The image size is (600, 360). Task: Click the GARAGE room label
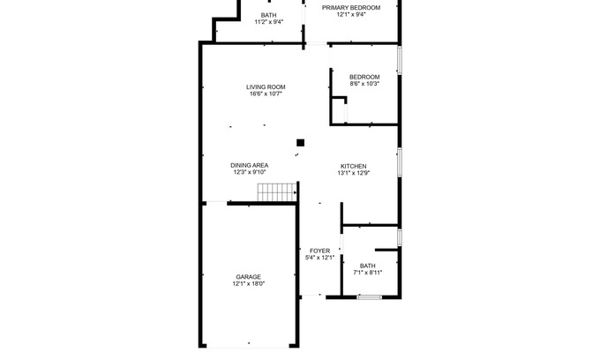click(x=248, y=277)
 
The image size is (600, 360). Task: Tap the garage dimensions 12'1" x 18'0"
click(x=248, y=284)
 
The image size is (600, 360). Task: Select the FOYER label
click(x=319, y=251)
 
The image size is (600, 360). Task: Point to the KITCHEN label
click(x=354, y=167)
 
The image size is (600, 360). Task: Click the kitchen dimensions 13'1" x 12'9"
click(x=354, y=173)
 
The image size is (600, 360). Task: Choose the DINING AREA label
click(x=250, y=165)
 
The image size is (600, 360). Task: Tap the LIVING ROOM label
click(x=266, y=87)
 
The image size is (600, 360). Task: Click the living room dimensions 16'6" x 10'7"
click(x=266, y=94)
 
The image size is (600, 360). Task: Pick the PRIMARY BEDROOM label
click(x=351, y=8)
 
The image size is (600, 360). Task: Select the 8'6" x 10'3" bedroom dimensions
click(x=364, y=84)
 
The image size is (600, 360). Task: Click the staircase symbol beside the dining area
click(x=277, y=192)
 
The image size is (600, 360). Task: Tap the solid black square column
click(x=300, y=143)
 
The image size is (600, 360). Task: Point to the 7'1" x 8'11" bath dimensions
click(x=367, y=273)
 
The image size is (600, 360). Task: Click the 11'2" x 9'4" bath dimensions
click(x=268, y=22)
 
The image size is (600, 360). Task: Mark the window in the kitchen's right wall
click(x=400, y=162)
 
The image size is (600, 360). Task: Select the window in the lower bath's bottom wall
click(x=369, y=296)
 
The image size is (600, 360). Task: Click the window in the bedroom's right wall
click(x=400, y=60)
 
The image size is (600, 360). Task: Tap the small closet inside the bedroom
click(x=339, y=110)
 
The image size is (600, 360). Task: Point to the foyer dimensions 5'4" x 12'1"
click(x=319, y=258)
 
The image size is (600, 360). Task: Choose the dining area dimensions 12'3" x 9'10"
click(x=250, y=172)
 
